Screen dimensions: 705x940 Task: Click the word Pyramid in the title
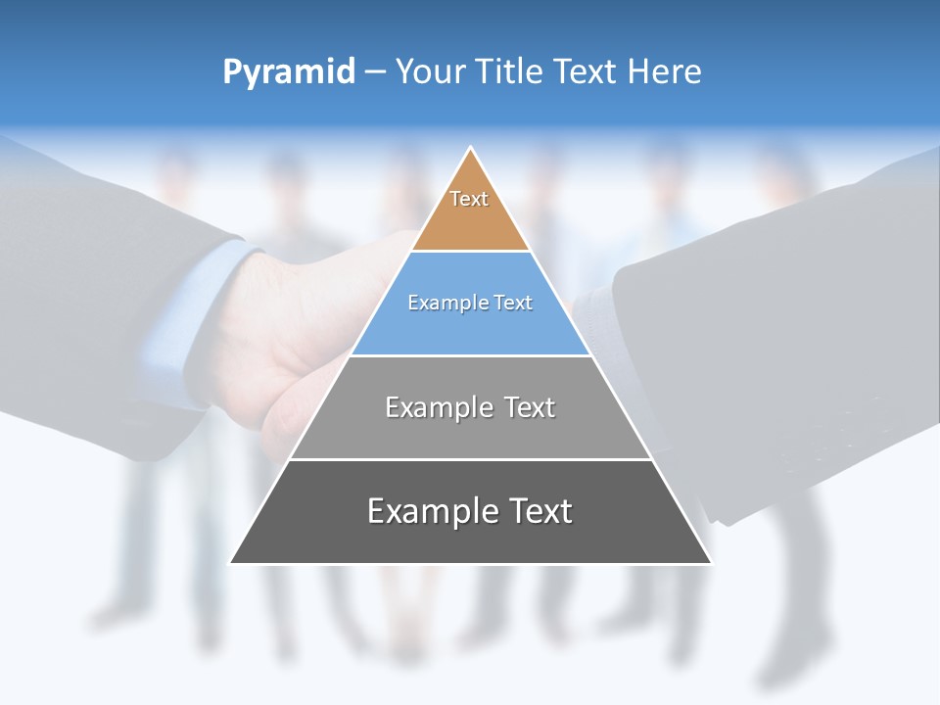289,72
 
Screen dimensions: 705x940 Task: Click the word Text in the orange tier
469,199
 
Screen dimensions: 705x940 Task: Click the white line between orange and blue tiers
470,252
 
